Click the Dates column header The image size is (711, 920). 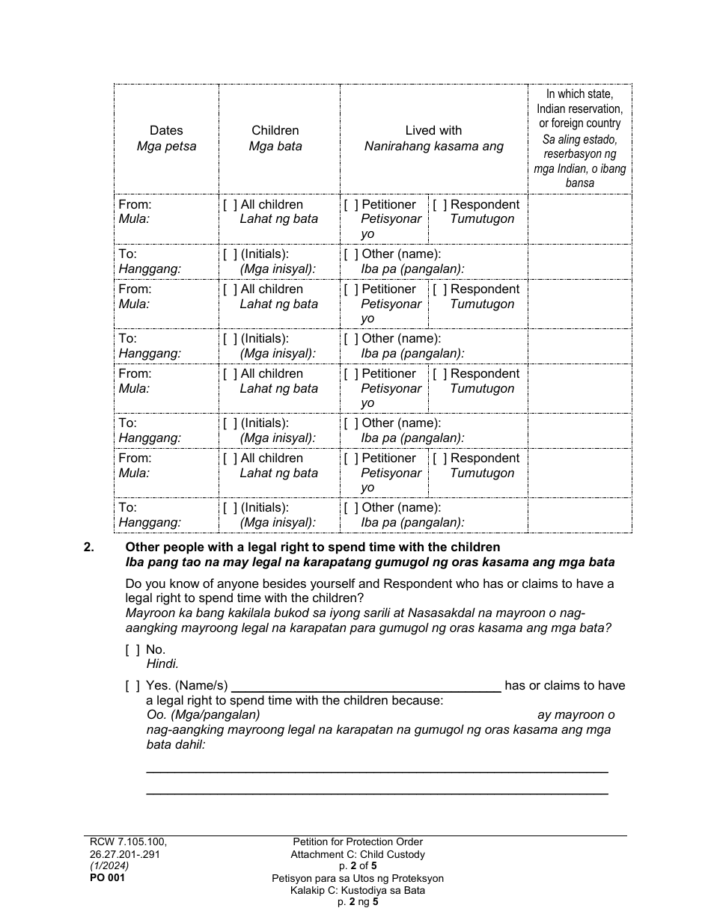[x=166, y=130]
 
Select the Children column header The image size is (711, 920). [x=275, y=130]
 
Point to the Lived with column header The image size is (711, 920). [x=433, y=130]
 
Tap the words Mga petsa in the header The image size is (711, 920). [x=166, y=147]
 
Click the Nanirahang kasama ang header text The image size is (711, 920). [x=433, y=147]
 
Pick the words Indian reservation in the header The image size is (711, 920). [x=579, y=108]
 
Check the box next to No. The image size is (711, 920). [x=132, y=650]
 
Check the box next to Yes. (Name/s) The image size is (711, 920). [x=132, y=686]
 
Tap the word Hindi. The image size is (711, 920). [x=162, y=663]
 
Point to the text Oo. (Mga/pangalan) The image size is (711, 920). [x=203, y=715]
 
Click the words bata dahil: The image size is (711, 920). [x=175, y=745]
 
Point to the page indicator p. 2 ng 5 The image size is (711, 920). [x=358, y=902]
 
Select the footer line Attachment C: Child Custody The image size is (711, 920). [x=358, y=854]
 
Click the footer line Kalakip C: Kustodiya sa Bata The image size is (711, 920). [x=358, y=890]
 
